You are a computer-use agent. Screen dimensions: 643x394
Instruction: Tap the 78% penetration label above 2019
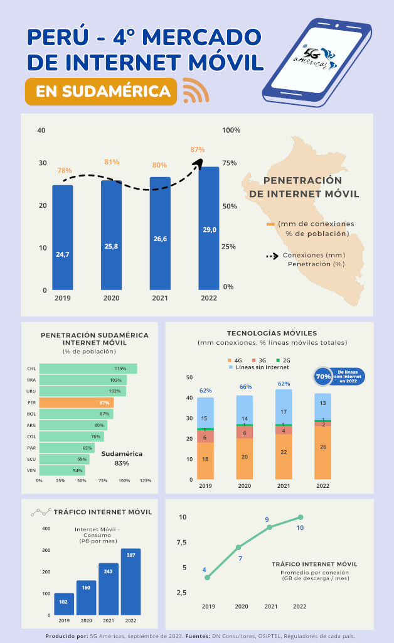click(64, 170)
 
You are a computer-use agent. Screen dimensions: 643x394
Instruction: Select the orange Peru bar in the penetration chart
click(76, 403)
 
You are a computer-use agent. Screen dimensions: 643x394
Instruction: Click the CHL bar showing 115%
click(88, 369)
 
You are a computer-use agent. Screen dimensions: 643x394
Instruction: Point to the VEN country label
click(31, 470)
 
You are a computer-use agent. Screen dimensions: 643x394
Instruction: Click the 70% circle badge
click(323, 376)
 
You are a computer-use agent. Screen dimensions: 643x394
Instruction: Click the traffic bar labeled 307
click(130, 581)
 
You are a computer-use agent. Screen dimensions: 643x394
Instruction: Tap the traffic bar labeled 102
click(64, 604)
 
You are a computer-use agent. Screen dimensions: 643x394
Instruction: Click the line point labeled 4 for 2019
click(207, 577)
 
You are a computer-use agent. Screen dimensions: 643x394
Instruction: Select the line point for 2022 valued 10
click(301, 517)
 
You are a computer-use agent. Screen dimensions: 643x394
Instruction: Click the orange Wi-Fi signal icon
click(195, 91)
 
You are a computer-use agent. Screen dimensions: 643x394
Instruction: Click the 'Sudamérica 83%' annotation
click(122, 458)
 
